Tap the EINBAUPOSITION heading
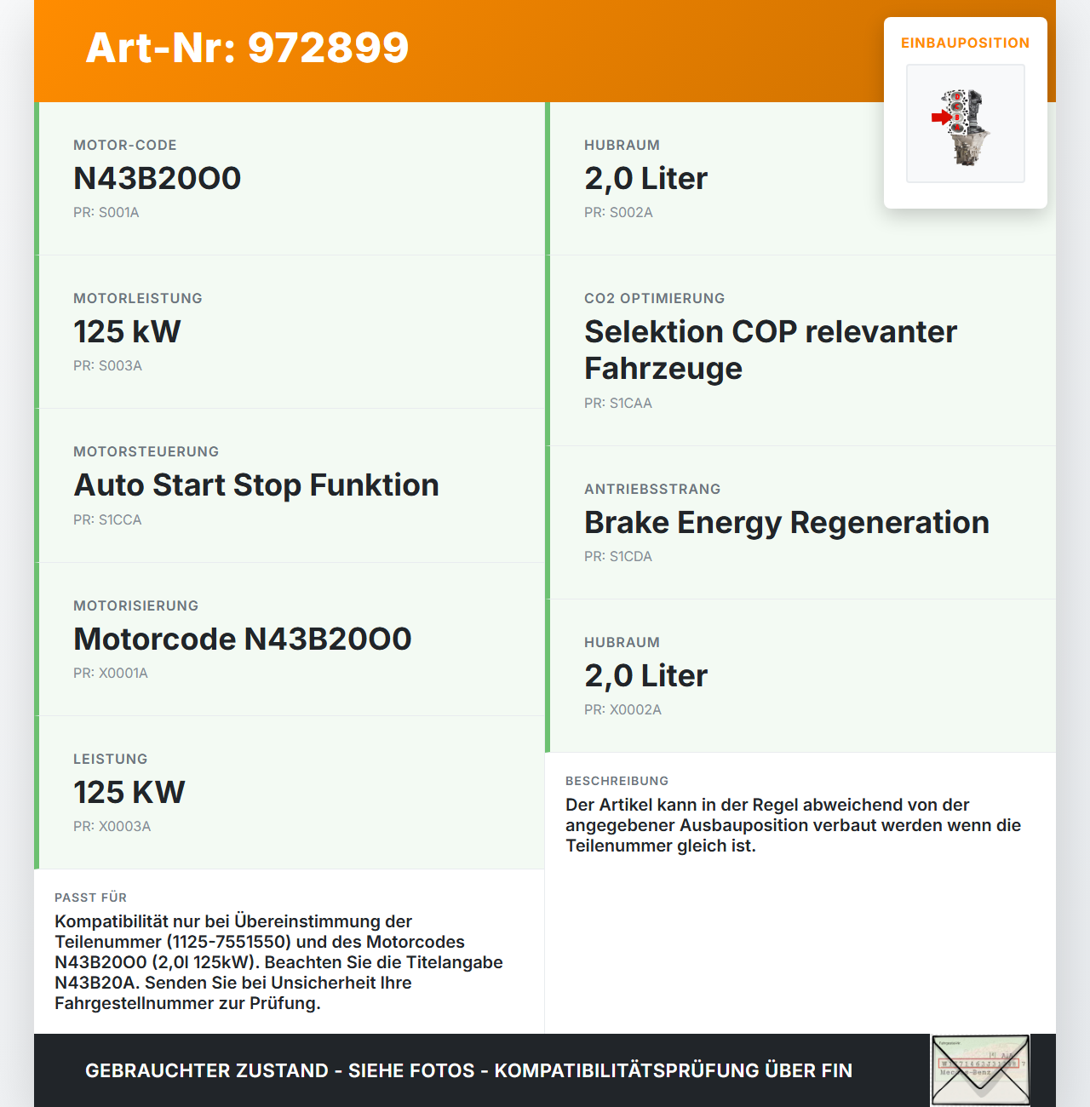[x=965, y=43]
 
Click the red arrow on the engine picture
[x=940, y=118]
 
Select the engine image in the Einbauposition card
[x=966, y=124]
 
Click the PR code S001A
[x=106, y=213]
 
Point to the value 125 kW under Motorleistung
[x=127, y=332]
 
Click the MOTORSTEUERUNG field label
[x=146, y=452]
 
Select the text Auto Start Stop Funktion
[x=256, y=485]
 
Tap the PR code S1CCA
[x=107, y=520]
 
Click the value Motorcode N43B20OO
[x=243, y=640]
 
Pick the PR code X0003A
[x=112, y=827]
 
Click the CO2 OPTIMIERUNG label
[x=654, y=299]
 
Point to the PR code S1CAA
[x=618, y=404]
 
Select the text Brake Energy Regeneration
[x=786, y=523]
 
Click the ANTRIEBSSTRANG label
[x=652, y=490]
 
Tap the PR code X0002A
[x=622, y=710]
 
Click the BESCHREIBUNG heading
[x=617, y=781]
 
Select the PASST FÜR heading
[x=90, y=898]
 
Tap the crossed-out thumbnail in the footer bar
[x=980, y=1070]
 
